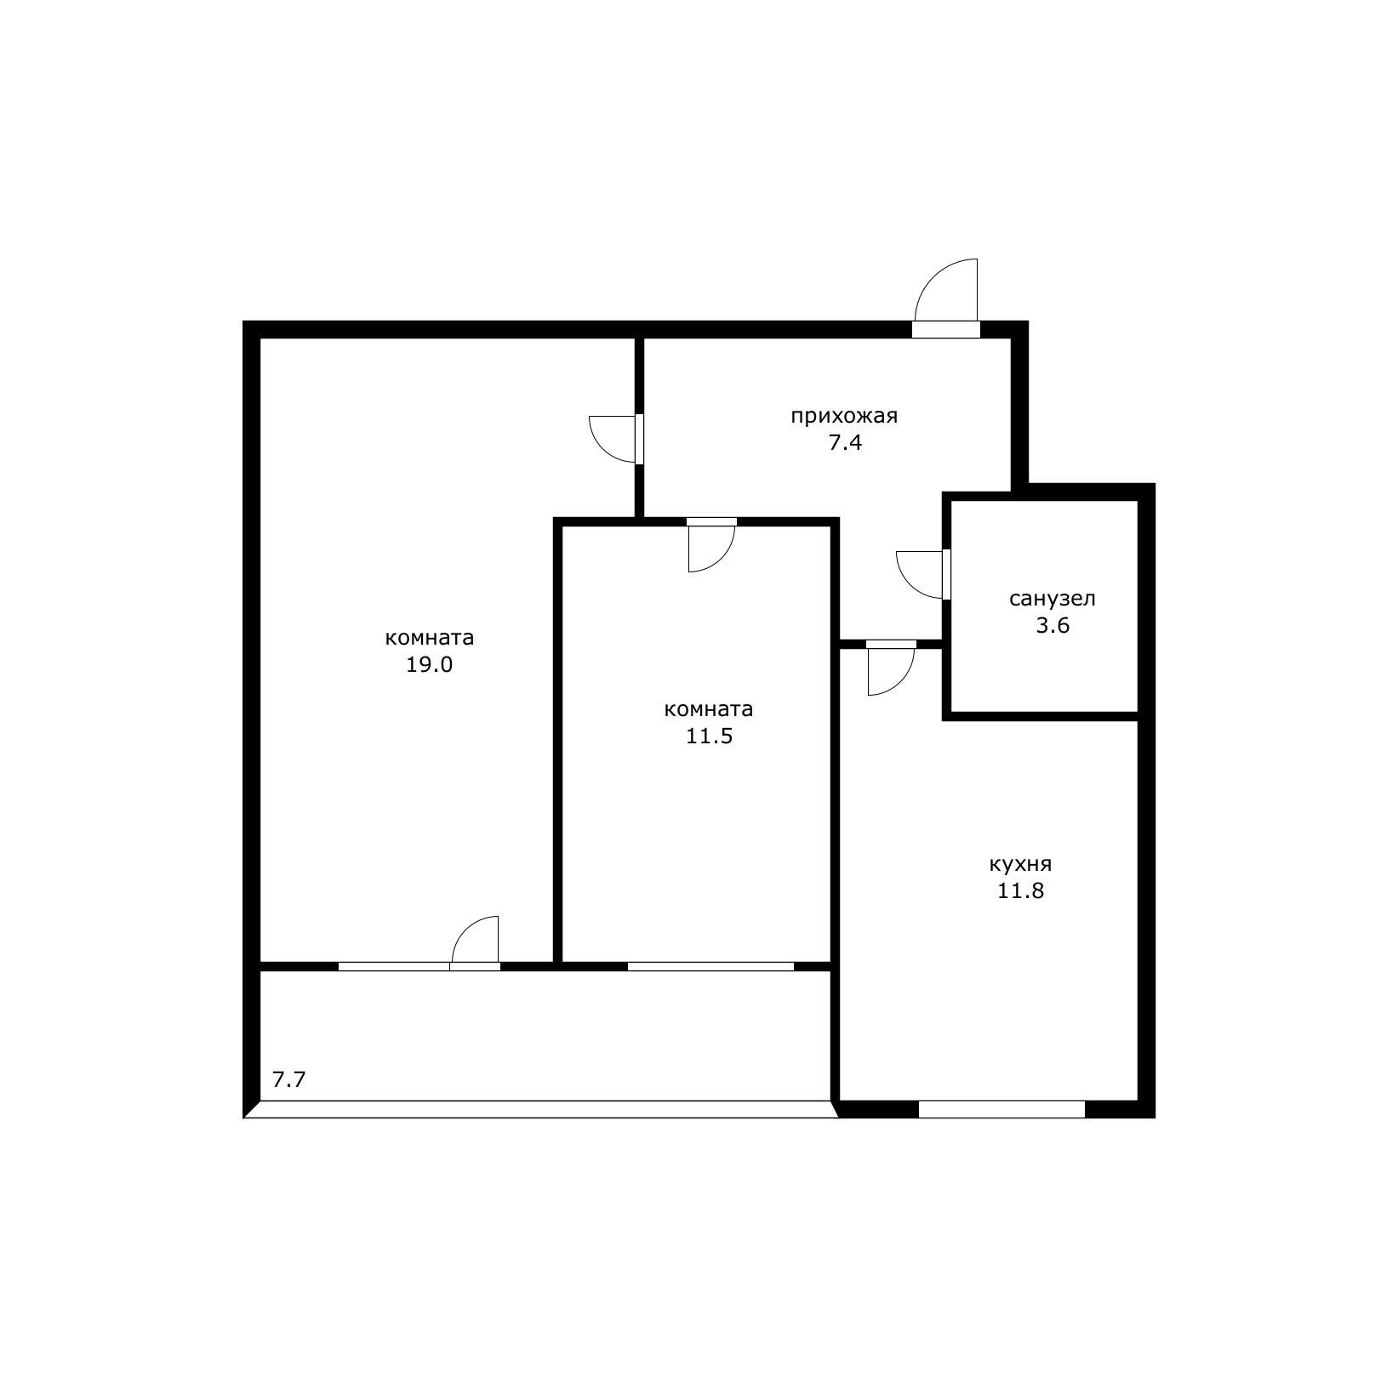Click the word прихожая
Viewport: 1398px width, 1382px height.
(844, 417)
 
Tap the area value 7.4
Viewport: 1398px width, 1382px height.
(846, 443)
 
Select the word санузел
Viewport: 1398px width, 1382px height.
(1053, 599)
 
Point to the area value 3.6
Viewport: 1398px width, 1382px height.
(1053, 626)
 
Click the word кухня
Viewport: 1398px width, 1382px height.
(1020, 864)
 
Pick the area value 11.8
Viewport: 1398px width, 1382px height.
(1020, 891)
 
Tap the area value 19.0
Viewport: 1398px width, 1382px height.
(430, 665)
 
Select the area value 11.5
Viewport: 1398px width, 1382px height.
(710, 736)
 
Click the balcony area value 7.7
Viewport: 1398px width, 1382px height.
(288, 1081)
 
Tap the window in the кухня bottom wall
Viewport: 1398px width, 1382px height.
(1001, 1109)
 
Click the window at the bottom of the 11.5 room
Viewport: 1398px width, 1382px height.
(710, 966)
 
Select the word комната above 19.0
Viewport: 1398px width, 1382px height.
(430, 638)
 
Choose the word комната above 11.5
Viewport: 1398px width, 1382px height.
(709, 709)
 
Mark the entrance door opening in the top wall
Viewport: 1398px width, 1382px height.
(946, 330)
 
